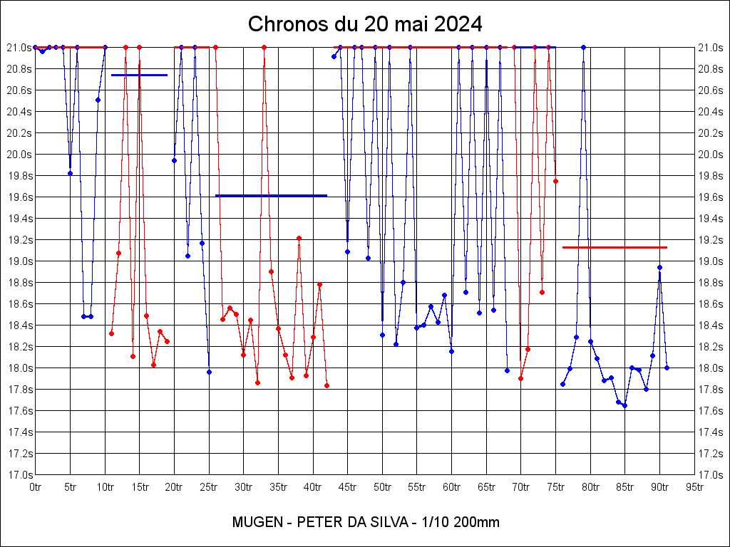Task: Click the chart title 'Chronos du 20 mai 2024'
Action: [365, 24]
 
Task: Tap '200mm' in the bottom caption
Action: [477, 522]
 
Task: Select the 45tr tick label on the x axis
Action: [347, 487]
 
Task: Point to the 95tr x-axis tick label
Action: [694, 487]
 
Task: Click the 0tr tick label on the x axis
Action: [35, 487]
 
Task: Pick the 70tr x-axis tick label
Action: [520, 487]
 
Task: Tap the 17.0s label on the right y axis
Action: [710, 475]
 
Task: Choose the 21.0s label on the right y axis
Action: [710, 48]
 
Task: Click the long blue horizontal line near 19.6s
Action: [271, 195]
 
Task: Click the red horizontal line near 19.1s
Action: [615, 247]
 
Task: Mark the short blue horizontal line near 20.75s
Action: [139, 75]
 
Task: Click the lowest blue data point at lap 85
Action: [625, 405]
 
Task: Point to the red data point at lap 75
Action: [555, 181]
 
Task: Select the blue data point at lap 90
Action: [660, 267]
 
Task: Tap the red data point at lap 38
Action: [299, 238]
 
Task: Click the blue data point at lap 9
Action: [98, 100]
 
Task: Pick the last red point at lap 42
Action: [327, 385]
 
